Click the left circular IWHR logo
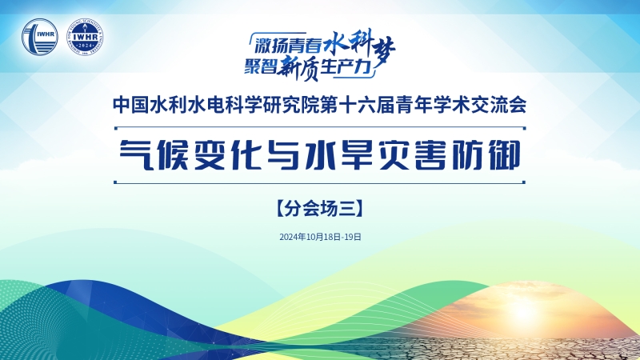[x=40, y=37]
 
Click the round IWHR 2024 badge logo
[x=85, y=37]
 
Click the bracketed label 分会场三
[x=319, y=208]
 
